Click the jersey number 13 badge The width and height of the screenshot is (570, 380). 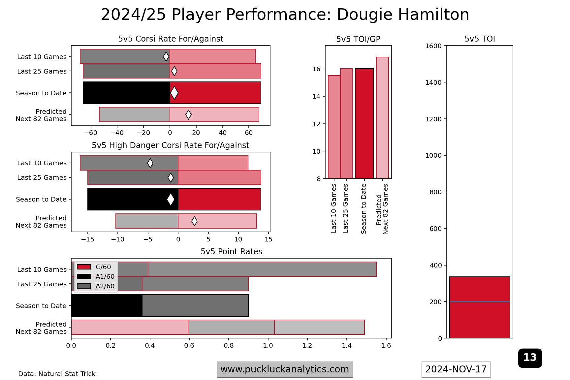coord(530,358)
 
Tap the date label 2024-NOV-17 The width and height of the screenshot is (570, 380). coord(456,369)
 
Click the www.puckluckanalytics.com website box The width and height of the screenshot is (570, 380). coord(285,369)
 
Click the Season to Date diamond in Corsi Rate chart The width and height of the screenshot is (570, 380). coord(174,93)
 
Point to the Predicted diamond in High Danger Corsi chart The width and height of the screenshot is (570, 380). coord(194,221)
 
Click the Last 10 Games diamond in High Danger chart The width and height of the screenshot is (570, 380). coord(150,163)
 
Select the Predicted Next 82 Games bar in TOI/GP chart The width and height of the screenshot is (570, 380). coord(382,118)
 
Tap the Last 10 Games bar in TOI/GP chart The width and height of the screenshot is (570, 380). coord(334,127)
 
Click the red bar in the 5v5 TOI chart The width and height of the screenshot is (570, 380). coord(480,307)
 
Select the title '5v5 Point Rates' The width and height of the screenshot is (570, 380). coord(231,252)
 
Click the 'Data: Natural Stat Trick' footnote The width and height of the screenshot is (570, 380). coord(57,374)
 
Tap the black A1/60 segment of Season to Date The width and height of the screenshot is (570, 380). coord(107,305)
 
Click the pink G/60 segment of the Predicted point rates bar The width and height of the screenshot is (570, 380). coord(129,327)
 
